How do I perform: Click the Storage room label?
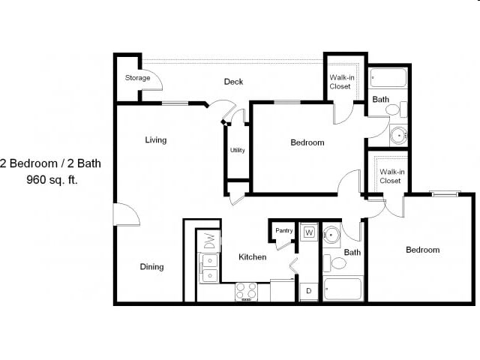[x=137, y=78]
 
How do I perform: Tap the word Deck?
[x=233, y=82]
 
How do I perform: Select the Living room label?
[x=156, y=140]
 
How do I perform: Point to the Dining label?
[x=151, y=267]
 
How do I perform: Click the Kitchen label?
[x=252, y=257]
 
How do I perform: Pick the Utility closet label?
[x=237, y=150]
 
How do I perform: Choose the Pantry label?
[x=283, y=231]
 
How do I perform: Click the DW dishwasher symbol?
[x=210, y=241]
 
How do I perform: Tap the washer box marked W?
[x=308, y=233]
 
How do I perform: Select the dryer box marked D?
[x=308, y=289]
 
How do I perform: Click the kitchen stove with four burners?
[x=247, y=291]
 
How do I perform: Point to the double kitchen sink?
[x=208, y=268]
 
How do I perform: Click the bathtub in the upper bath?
[x=388, y=78]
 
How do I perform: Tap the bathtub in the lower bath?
[x=343, y=289]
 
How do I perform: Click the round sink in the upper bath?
[x=397, y=136]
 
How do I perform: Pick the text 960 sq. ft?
[x=52, y=180]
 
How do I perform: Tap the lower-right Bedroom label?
[x=422, y=250]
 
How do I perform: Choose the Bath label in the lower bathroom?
[x=352, y=253]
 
